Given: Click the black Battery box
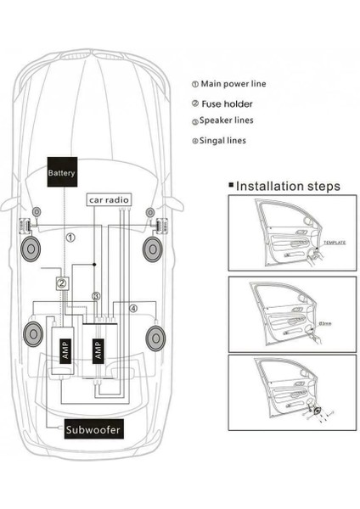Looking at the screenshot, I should [61, 173].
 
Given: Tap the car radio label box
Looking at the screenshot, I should [109, 200].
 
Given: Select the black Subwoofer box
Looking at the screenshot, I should [93, 430].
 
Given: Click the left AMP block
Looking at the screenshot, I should [65, 347].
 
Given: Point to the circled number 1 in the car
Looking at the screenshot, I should [71, 238].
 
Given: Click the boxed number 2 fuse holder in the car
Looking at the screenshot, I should [61, 283].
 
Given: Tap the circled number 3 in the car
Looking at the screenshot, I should [97, 296].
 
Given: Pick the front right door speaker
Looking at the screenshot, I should [153, 249].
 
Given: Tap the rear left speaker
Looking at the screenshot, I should [35, 337].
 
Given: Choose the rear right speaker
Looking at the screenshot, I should [156, 338].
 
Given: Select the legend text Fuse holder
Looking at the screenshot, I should [227, 103].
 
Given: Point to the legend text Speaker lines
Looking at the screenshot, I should [227, 120].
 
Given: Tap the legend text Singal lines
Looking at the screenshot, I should [223, 140].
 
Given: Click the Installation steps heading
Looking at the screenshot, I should [287, 186].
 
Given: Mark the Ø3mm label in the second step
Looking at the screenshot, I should [326, 324].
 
